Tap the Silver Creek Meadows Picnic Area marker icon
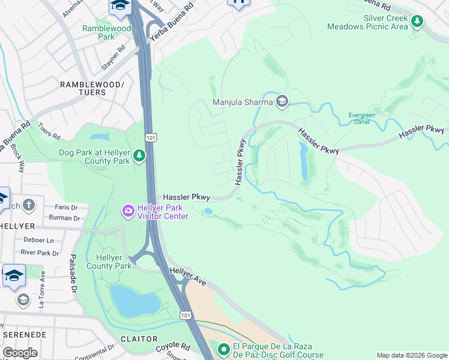pos(417,22)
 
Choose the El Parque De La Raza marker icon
pos(223,349)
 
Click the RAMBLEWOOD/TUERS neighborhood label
pos(92,89)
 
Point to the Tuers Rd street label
pos(49,131)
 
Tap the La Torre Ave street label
pos(42,289)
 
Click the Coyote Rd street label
pos(172,347)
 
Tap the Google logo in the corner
pos(20,353)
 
